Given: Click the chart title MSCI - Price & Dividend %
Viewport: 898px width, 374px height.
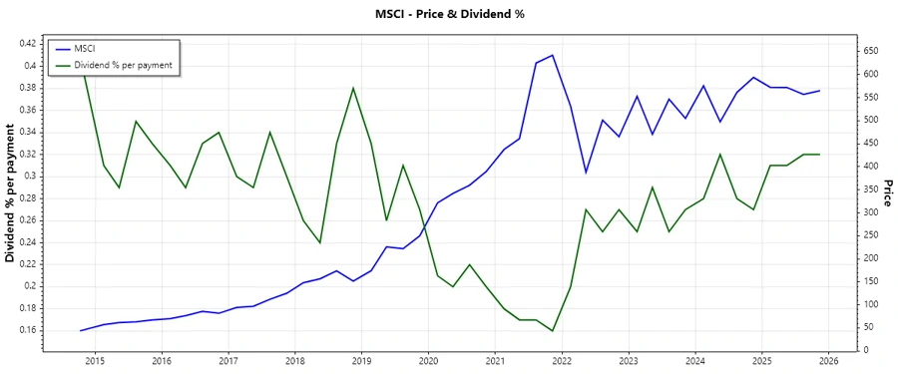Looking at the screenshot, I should pyautogui.click(x=448, y=14).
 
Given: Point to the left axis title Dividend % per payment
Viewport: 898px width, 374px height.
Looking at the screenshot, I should pyautogui.click(x=11, y=193).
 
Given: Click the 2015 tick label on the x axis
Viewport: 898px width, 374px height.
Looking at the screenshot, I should pyautogui.click(x=95, y=361).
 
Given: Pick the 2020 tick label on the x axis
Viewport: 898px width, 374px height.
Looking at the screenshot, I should pyautogui.click(x=428, y=361).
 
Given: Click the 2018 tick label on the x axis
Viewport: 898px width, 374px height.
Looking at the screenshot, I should pyautogui.click(x=294, y=361).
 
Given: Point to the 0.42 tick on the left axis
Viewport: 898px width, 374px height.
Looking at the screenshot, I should pyautogui.click(x=27, y=44).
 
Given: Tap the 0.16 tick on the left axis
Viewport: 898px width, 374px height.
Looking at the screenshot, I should pyautogui.click(x=27, y=330).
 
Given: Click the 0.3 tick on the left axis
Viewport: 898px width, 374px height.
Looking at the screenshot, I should pyautogui.click(x=31, y=176).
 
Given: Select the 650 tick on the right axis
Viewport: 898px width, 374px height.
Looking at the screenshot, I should pyautogui.click(x=871, y=51).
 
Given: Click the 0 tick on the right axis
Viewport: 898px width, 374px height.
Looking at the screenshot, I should pyautogui.click(x=864, y=350).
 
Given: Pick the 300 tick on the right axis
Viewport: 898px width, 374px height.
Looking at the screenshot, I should pyautogui.click(x=871, y=211).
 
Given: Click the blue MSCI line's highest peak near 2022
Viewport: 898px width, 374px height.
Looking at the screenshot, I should pyautogui.click(x=553, y=55).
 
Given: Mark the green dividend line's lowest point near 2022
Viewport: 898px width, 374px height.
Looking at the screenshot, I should pyautogui.click(x=553, y=330).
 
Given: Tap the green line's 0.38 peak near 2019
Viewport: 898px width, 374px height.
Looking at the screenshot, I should pyautogui.click(x=353, y=88).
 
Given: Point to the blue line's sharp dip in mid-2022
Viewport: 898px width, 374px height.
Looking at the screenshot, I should pyautogui.click(x=586, y=173).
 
